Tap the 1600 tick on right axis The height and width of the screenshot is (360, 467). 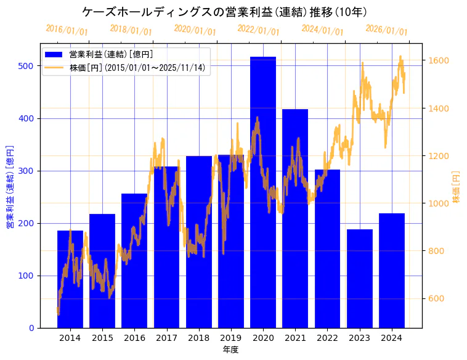437,60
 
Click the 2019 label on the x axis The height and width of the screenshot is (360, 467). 230,338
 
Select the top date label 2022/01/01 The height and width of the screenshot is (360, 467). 258,30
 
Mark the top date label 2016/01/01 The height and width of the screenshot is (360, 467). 67,30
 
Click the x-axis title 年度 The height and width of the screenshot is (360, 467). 230,350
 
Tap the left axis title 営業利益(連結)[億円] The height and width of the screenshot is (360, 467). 10,187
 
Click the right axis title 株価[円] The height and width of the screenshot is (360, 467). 457,187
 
